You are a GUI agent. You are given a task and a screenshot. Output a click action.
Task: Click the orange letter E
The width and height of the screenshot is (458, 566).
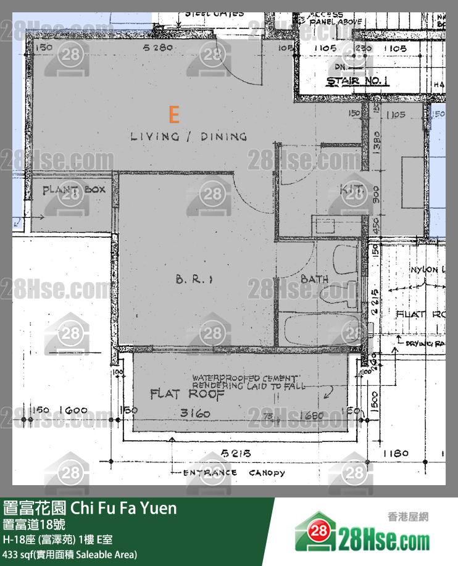[174, 114]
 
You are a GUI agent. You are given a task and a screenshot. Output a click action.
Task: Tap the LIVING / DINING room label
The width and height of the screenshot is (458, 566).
[189, 136]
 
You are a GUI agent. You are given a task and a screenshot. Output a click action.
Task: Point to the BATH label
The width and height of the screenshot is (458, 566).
[314, 280]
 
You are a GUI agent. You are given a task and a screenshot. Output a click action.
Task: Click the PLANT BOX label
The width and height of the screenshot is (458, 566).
[73, 189]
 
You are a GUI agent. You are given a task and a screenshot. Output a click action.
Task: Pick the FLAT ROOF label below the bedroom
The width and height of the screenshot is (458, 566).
[179, 394]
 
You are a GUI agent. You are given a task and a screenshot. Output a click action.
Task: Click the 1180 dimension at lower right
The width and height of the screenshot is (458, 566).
[395, 454]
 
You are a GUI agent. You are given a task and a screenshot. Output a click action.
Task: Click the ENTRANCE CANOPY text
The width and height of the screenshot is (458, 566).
[234, 473]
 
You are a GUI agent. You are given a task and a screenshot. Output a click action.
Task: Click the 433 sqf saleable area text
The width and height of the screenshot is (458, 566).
[70, 554]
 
